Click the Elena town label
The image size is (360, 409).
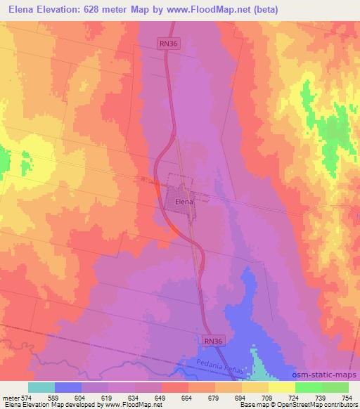[184, 202]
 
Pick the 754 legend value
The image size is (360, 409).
[347, 398]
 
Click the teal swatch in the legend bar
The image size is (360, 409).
[41, 387]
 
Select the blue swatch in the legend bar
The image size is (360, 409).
[68, 387]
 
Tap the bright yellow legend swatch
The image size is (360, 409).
[281, 387]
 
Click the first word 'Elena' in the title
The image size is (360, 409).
[23, 10]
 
